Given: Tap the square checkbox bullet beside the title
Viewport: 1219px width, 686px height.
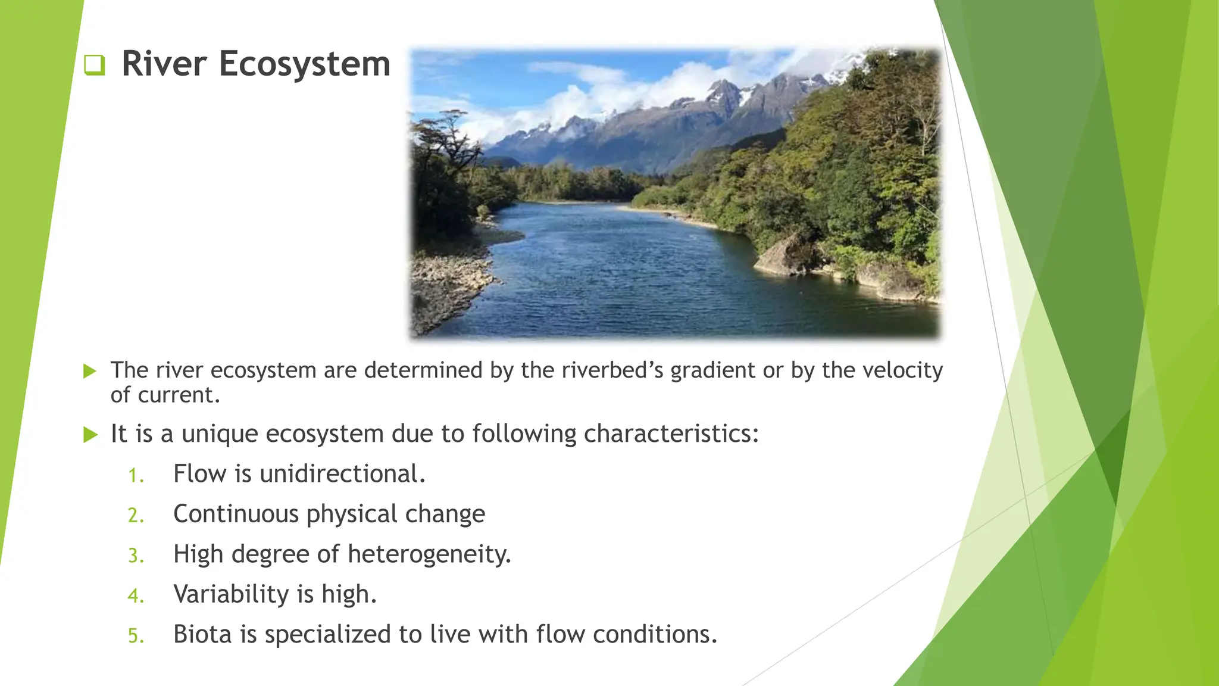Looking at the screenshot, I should [x=94, y=65].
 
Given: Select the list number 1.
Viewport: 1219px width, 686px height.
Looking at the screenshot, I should [x=136, y=476].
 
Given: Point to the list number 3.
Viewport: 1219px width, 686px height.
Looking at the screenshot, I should [x=136, y=556].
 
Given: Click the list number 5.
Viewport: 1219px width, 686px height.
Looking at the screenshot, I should [x=136, y=636].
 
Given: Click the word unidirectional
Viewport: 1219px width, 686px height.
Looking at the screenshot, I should [x=342, y=474].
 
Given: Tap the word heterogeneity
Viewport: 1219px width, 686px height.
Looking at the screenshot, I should [x=429, y=554].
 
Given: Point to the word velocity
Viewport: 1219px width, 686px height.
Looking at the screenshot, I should [x=902, y=371].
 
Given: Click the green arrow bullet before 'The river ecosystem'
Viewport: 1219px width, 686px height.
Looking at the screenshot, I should [x=90, y=372].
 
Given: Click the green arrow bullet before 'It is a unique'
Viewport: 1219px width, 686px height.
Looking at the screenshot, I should [x=90, y=435].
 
